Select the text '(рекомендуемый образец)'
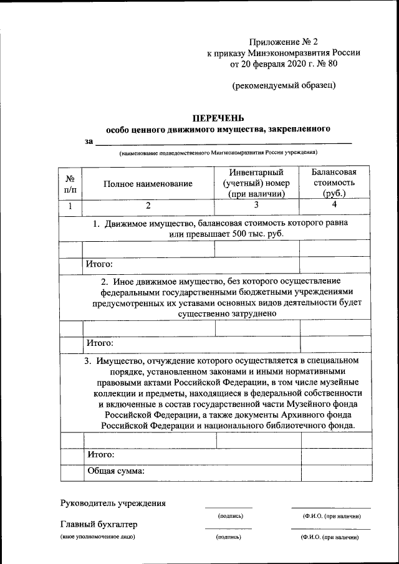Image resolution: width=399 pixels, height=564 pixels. point(284,85)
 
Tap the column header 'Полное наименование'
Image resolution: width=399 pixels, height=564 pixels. point(148,183)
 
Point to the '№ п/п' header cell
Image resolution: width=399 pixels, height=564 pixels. point(70,183)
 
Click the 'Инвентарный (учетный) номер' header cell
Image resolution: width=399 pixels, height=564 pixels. point(256,183)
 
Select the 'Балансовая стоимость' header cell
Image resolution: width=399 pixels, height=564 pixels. point(334,183)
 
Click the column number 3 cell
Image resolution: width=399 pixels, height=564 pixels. point(256,205)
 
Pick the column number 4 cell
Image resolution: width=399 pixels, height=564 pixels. point(334,205)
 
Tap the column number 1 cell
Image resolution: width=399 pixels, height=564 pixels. point(70,206)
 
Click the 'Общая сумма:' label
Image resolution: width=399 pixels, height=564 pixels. point(115,471)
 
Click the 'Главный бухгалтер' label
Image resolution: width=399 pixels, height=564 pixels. point(99,524)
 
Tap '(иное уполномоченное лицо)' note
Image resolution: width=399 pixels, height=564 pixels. point(97,537)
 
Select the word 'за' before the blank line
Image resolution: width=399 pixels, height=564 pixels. point(89,141)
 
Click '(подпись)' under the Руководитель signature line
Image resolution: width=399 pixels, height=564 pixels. point(230,516)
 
